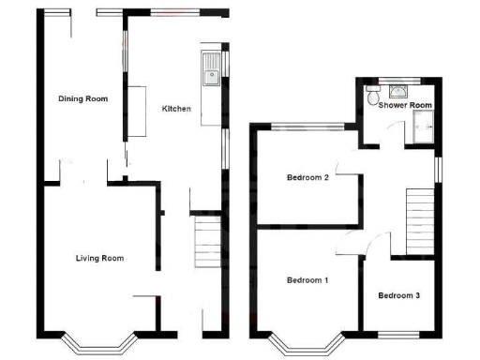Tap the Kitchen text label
point(176,109)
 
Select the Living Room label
point(99,258)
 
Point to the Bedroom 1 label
point(307,280)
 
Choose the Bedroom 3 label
point(398,295)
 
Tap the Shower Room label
point(405,105)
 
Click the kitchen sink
point(211,67)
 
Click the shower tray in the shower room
point(421,132)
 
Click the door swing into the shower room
point(369,137)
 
